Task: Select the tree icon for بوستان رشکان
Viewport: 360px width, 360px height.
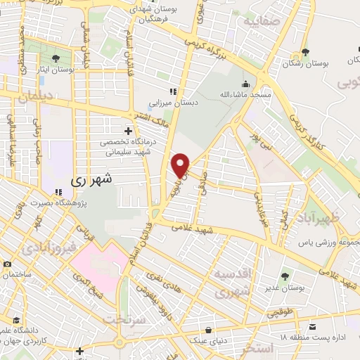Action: (304, 51)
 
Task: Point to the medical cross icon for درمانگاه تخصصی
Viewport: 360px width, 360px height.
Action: (127, 131)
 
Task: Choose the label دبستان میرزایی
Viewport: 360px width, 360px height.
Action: (198, 102)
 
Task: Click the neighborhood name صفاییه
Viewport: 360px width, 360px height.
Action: (261, 21)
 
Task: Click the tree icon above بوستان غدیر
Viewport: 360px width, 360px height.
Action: (285, 276)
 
